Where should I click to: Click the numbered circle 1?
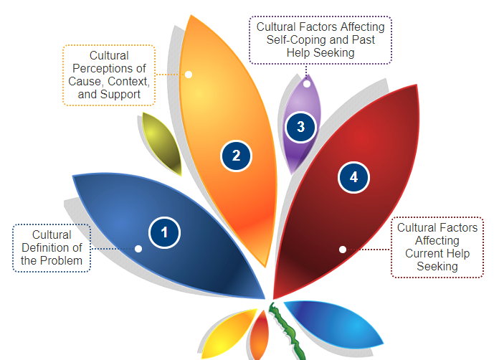164,232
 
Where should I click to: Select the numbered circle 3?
300,127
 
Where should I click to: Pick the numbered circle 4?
353,177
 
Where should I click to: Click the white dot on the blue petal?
138,248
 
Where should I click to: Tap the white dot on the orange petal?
189,74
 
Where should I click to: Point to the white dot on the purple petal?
307,83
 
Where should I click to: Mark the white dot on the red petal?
343,249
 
